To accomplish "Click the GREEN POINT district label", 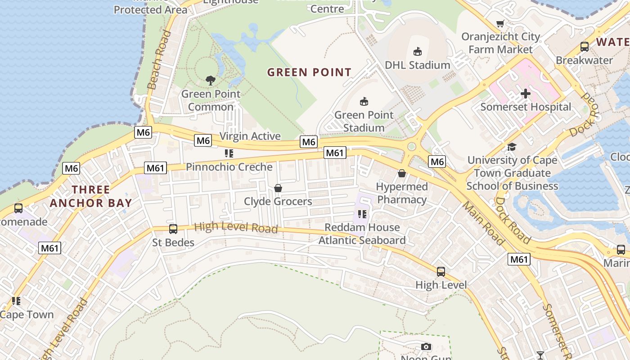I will point(309,72).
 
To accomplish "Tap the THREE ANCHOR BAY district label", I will point(91,196).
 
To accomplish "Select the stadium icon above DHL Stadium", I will point(418,51).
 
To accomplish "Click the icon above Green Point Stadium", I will point(364,101).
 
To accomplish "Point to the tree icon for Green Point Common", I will point(210,81).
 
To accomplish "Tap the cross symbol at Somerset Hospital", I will point(525,94).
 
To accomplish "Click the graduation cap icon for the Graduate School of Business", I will point(512,147).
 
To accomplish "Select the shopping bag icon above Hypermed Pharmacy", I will point(402,173).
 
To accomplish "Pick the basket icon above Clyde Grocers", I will point(278,188).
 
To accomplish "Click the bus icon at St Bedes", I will point(173,229).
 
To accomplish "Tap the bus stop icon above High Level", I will point(441,271).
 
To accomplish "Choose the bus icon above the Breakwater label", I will point(584,46).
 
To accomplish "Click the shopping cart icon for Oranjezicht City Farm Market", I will point(500,23).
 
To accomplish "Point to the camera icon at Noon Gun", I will point(426,346).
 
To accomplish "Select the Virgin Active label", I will point(250,136).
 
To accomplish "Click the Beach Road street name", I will point(159,60).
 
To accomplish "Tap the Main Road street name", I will point(484,224).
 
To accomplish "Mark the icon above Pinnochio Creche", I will point(229,153).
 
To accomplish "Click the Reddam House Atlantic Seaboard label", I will point(362,234).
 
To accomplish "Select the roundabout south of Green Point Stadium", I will point(411,147).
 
